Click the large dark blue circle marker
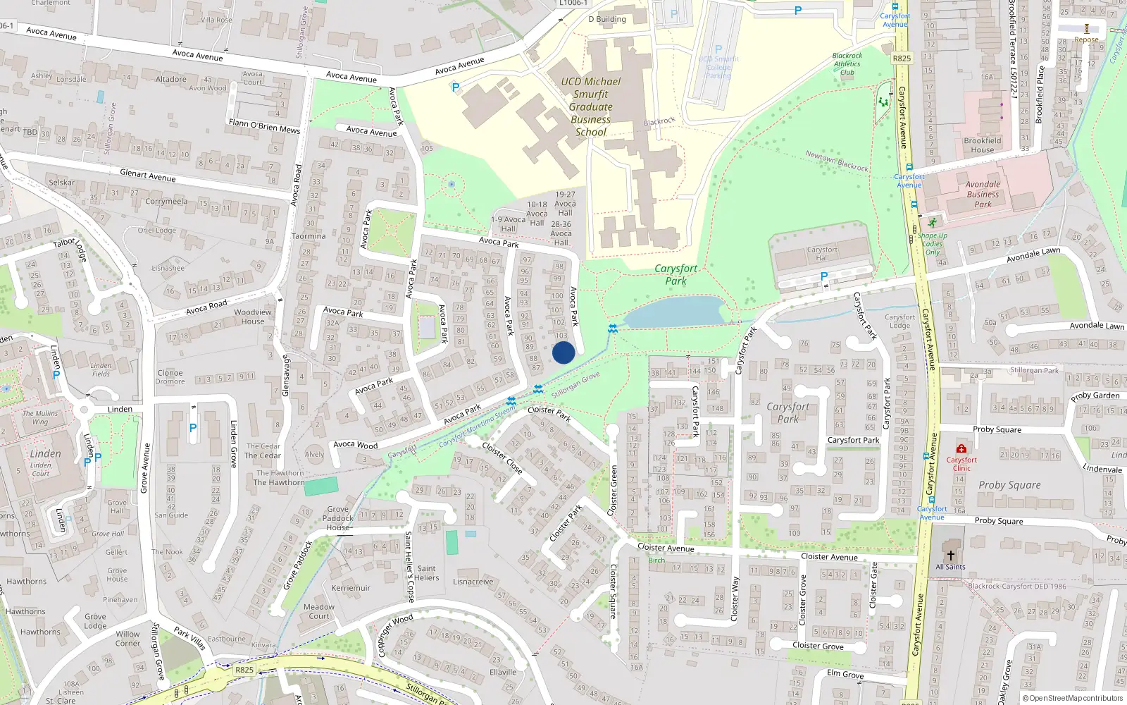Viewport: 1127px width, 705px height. point(563,352)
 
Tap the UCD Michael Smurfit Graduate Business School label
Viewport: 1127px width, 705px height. point(590,106)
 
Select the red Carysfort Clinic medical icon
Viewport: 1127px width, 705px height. point(961,448)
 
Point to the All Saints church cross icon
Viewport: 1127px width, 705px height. point(950,555)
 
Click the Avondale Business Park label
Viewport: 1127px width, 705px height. point(983,194)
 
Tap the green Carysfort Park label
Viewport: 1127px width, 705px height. point(675,274)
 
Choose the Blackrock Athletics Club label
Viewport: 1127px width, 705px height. point(847,63)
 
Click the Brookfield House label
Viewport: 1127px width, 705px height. point(982,145)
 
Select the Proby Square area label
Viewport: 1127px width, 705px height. point(1009,485)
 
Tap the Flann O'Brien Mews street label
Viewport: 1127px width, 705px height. point(264,125)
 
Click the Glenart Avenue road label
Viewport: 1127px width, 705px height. point(147,175)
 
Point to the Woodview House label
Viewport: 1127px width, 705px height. point(252,317)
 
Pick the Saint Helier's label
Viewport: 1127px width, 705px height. point(426,572)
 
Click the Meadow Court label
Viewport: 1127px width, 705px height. point(319,611)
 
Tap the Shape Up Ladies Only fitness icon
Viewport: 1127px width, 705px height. point(933,223)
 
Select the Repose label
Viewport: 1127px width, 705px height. point(1086,39)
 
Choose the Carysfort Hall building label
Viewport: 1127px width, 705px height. point(822,253)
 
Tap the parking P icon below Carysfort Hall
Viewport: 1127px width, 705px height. point(823,277)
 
